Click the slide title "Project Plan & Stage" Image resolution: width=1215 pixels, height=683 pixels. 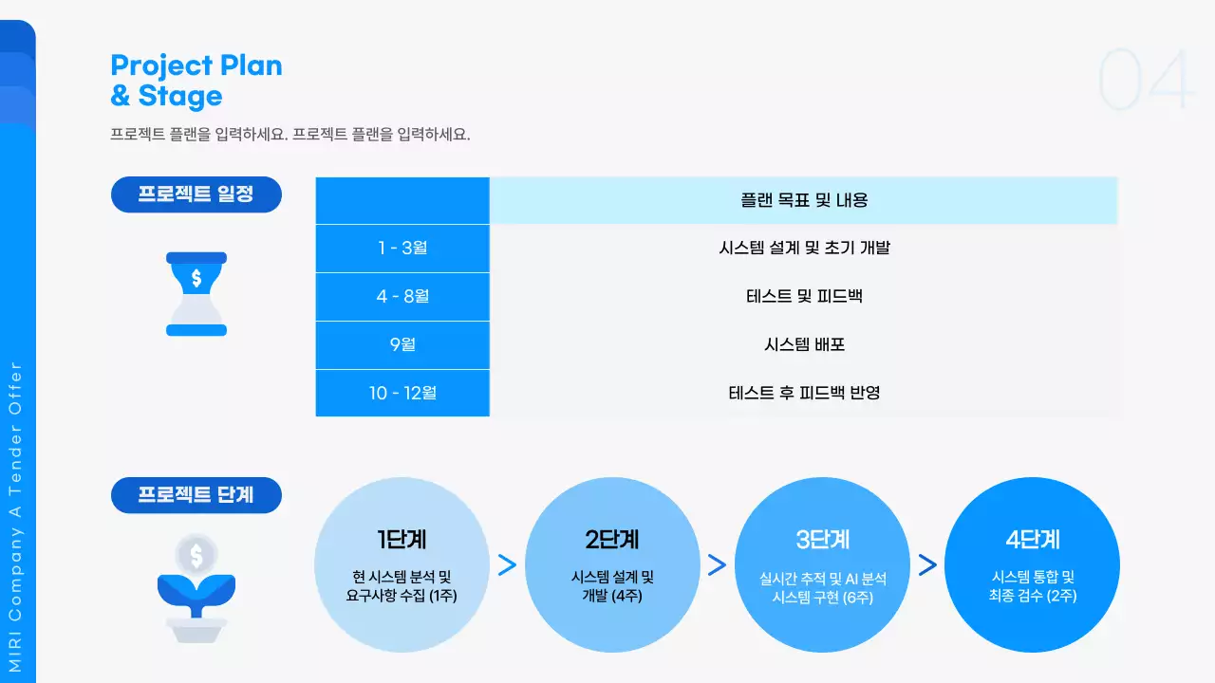pos(196,81)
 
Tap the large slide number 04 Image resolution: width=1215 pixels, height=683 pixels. pos(1145,81)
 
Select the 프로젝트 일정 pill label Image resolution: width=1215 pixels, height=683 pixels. pos(196,194)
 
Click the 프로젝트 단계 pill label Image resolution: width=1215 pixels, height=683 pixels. pos(196,495)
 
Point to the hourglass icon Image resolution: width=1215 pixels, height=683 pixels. pos(196,294)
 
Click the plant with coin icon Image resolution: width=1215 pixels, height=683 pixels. pos(196,589)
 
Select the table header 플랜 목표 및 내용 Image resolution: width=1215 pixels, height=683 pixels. pos(804,201)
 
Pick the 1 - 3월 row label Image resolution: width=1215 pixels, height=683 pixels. pos(402,249)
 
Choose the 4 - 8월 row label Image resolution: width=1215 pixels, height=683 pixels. pos(402,297)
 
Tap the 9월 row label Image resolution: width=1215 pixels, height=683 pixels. pos(402,345)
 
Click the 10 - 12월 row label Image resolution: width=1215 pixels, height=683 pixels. pos(402,393)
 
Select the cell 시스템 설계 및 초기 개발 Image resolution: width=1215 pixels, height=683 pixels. pos(804,249)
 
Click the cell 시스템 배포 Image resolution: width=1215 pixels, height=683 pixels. pos(804,345)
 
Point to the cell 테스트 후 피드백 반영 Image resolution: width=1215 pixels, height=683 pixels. pos(804,393)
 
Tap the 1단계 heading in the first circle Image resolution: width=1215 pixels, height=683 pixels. pos(402,540)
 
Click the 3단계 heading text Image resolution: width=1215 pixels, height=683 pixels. pos(822,540)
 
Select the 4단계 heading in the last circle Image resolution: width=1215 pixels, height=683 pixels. pos(1033,540)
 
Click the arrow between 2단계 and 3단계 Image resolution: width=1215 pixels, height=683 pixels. pos(717,565)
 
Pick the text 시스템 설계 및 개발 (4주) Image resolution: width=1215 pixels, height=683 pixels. pos(612,586)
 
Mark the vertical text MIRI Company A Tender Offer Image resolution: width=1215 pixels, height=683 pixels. pos(16,516)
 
